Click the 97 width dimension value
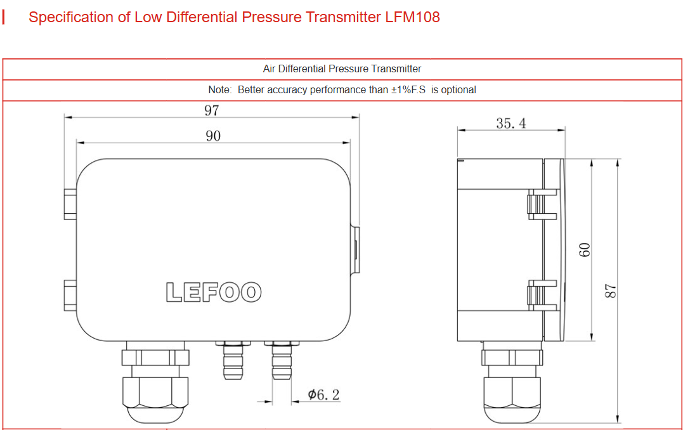(211, 110)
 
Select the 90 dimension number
(213, 136)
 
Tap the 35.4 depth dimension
(511, 123)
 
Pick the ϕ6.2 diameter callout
(323, 394)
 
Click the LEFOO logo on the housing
(214, 292)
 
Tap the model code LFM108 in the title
(412, 17)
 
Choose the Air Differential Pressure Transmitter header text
(342, 68)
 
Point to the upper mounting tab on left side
(70, 203)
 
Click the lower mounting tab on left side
(70, 294)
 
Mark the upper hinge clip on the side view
(540, 204)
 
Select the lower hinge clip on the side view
(540, 296)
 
